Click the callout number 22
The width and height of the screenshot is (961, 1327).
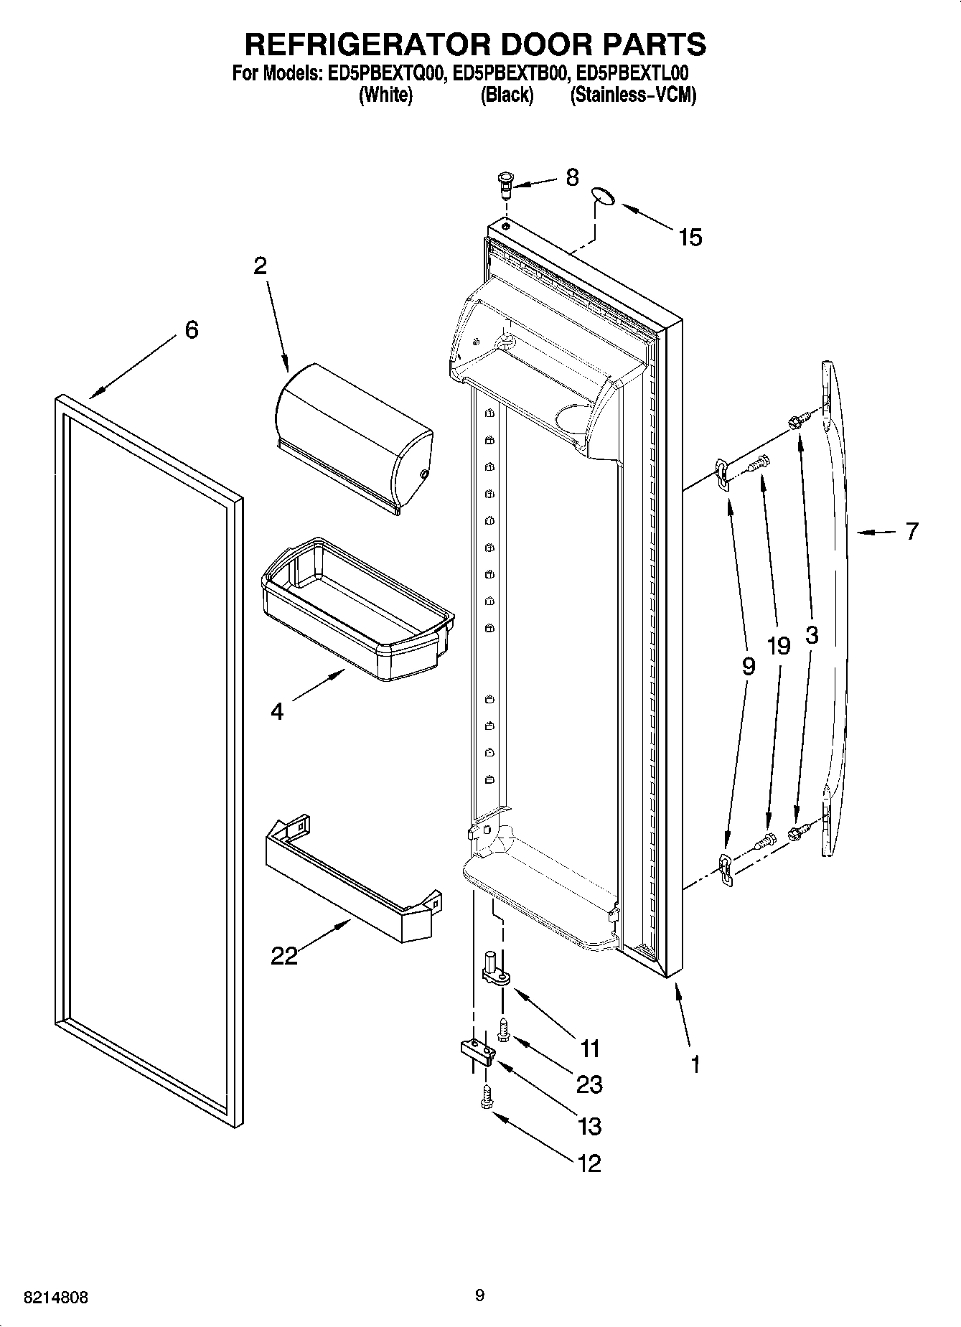284,956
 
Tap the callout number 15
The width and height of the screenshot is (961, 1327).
690,238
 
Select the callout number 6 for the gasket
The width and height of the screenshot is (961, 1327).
191,330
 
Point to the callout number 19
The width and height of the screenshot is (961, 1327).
778,646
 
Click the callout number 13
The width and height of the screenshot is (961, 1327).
589,1126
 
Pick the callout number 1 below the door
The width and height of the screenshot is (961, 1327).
694,1064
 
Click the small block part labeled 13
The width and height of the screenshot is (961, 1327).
476,1051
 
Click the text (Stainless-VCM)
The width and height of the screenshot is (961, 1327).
633,95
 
